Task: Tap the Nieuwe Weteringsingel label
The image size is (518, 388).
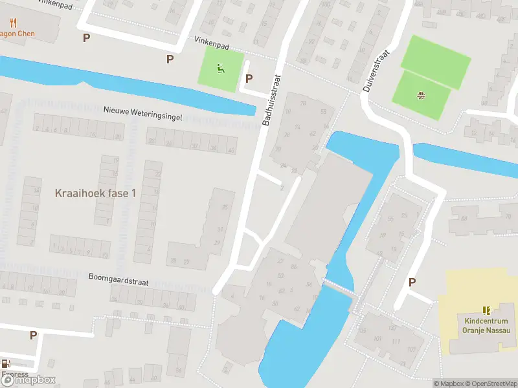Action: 142,114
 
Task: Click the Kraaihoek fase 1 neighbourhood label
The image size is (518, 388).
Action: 96,193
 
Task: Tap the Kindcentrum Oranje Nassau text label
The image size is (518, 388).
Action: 487,326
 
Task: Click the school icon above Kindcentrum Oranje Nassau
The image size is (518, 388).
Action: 487,310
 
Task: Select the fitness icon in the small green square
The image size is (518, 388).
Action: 221,67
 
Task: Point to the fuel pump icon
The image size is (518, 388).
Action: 6,364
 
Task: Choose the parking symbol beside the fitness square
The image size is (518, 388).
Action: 248,79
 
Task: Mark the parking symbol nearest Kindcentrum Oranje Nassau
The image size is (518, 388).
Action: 412,282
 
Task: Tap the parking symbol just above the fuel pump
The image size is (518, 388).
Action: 33,335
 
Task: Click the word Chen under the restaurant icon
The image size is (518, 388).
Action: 26,34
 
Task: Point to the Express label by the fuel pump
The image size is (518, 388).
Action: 14,374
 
